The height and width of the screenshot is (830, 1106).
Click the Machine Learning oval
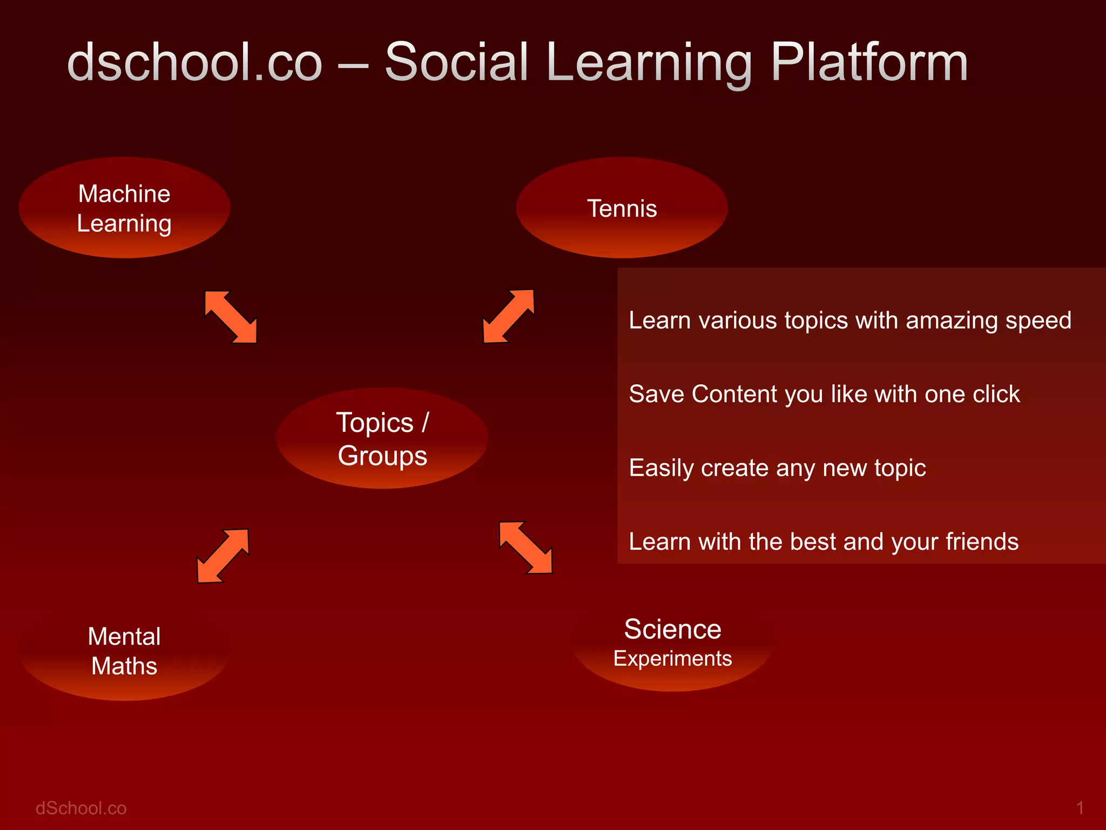pyautogui.click(x=124, y=208)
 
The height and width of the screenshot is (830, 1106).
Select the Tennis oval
pyautogui.click(x=622, y=208)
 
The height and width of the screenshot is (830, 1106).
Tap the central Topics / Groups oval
pyautogui.click(x=382, y=438)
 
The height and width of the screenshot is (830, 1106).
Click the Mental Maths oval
pyautogui.click(x=124, y=651)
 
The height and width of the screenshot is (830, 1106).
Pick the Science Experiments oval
pyautogui.click(x=672, y=643)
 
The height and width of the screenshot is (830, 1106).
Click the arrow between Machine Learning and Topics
pyautogui.click(x=231, y=317)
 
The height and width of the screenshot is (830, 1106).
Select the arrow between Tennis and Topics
pyautogui.click(x=508, y=317)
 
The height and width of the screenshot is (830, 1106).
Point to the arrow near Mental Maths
pyautogui.click(x=222, y=555)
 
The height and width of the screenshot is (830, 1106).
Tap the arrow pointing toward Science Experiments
pyautogui.click(x=526, y=547)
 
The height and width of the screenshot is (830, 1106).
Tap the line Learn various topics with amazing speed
pyautogui.click(x=849, y=320)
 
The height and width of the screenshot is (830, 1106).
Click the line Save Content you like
pyautogui.click(x=824, y=394)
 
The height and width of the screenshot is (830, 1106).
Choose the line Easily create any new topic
pyautogui.click(x=777, y=468)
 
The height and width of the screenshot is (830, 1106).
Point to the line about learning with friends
pyautogui.click(x=824, y=541)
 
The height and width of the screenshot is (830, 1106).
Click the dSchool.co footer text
pyautogui.click(x=81, y=808)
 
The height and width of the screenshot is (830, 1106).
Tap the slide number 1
pyautogui.click(x=1080, y=808)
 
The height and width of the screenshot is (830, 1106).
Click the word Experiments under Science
pyautogui.click(x=672, y=659)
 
